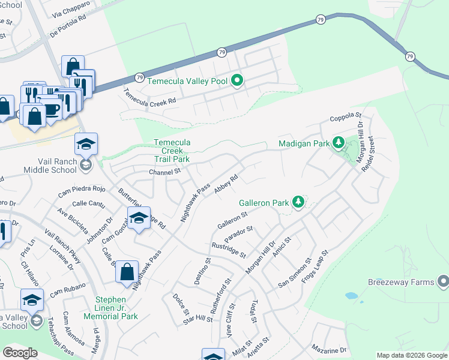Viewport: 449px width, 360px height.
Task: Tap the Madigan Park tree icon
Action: click(x=339, y=143)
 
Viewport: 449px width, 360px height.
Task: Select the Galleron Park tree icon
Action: click(x=297, y=202)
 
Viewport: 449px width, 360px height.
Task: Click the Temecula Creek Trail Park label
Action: click(x=172, y=151)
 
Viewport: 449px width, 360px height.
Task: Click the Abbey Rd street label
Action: click(x=226, y=182)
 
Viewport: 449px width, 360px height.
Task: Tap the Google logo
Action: click(x=20, y=353)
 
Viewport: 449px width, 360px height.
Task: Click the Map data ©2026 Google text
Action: click(x=411, y=355)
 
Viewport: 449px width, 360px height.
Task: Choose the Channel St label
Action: click(x=164, y=172)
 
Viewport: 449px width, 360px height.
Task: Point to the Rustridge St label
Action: click(x=229, y=250)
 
